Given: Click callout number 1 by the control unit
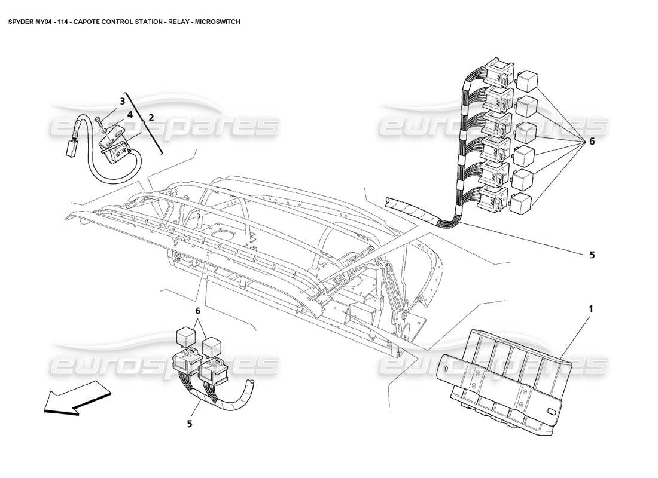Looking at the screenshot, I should point(590,310).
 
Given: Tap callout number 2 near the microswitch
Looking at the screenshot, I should point(151,118).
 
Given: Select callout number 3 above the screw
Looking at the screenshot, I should point(122,101).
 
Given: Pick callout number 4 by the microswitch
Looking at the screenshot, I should point(129,114).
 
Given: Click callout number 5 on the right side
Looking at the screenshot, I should point(592,255).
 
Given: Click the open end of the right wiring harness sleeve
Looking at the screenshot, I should point(390,203).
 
